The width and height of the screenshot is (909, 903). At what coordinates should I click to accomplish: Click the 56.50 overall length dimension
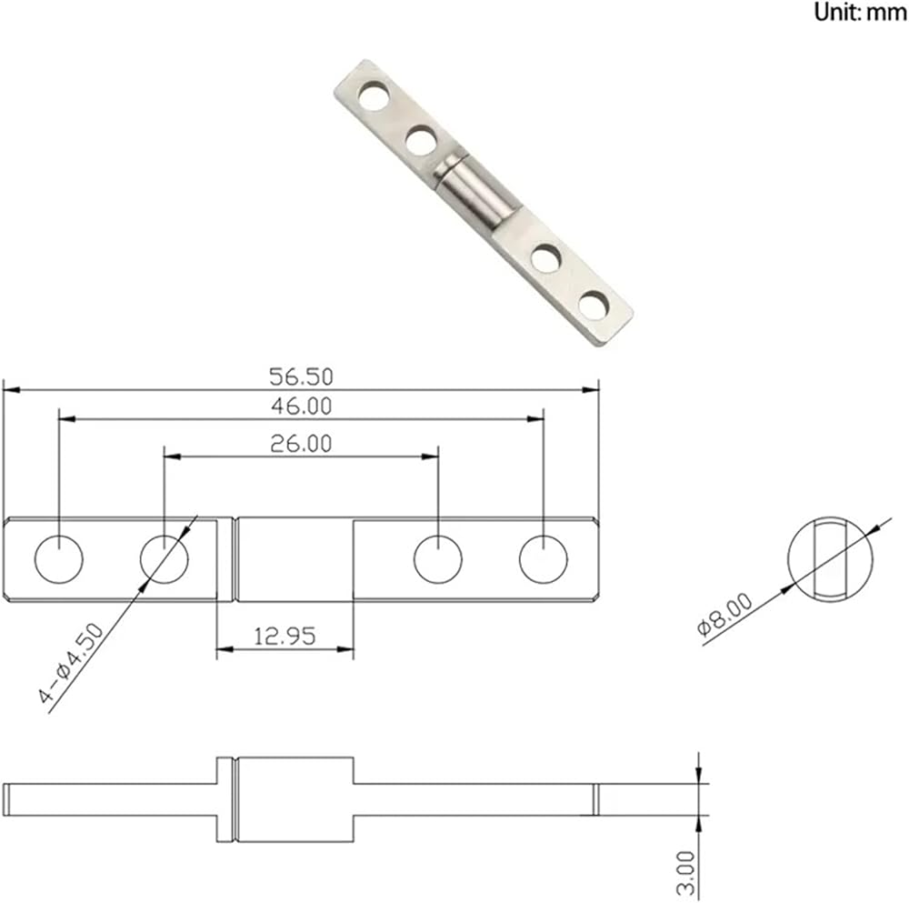point(301,377)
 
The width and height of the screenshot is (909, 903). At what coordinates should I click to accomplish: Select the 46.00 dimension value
point(301,406)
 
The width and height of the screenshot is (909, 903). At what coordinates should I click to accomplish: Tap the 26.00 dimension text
point(301,444)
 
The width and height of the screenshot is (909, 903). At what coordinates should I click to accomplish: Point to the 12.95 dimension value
point(285,637)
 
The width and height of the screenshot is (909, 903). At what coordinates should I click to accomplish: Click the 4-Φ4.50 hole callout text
point(71,663)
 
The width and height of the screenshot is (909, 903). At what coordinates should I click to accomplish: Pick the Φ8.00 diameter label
point(724,615)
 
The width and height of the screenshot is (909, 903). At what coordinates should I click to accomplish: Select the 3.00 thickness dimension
point(685,873)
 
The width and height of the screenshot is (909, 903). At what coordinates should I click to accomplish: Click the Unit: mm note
point(860,12)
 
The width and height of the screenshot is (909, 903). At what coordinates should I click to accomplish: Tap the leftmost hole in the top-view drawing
point(58,559)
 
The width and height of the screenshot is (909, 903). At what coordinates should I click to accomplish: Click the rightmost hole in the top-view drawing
point(544,559)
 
